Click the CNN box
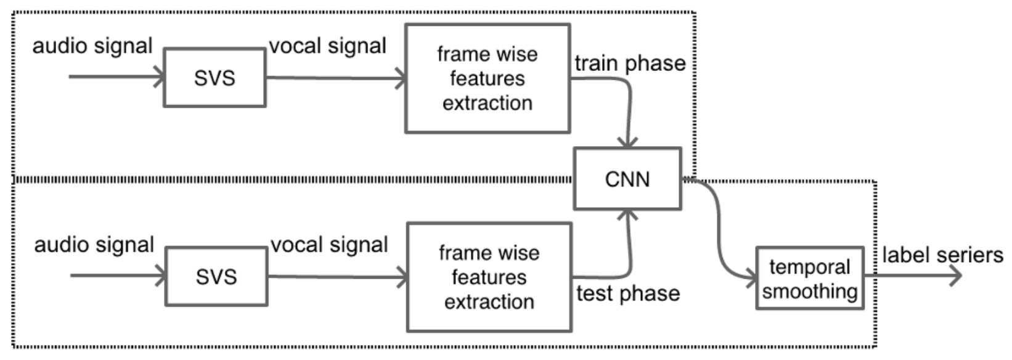coord(627,179)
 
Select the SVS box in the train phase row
coord(214,78)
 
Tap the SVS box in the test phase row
coord(216,277)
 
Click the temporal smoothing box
coord(809,278)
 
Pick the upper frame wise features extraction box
coord(487,78)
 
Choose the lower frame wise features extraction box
coord(489,277)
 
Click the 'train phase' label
coord(630,63)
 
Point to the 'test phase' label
coord(627,293)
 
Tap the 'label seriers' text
coord(942,255)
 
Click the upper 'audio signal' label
coord(92,46)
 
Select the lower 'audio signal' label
coord(94,245)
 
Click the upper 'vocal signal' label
coord(327,46)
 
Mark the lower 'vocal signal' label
coord(329,245)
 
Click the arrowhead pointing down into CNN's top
coord(627,142)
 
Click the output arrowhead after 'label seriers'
coord(956,276)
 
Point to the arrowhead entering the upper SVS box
coord(160,78)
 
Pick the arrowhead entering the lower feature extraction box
coord(402,277)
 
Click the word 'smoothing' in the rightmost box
coord(809,291)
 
